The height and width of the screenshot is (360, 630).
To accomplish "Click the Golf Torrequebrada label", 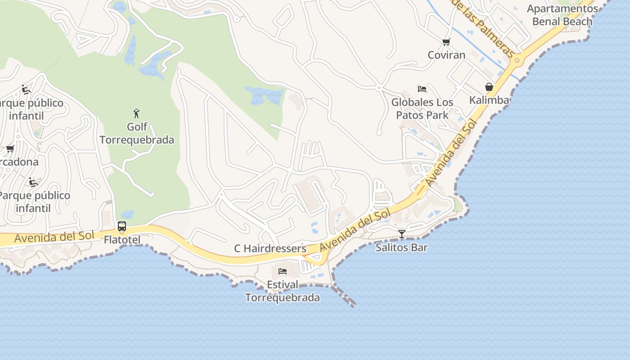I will coord(137,134).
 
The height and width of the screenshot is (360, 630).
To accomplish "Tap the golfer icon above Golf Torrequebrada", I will coord(136,113).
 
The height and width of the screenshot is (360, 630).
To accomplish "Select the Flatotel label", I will coord(122,240).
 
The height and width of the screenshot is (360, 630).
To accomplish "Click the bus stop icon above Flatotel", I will coord(122,226).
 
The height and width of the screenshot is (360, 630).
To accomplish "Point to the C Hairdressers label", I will coord(270,248).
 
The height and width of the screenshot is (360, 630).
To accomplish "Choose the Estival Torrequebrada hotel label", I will coord(283,291).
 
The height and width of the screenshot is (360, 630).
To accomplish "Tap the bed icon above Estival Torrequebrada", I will coord(283,271).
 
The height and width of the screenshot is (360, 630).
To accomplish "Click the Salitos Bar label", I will coord(401,247).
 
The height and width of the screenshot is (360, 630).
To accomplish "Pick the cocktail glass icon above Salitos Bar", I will coord(401,234).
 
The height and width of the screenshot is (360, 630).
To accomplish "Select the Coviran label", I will coord(446,55).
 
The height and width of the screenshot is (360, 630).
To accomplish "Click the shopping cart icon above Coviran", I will coord(446,42).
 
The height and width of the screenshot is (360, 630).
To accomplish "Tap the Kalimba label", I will coord(489,100).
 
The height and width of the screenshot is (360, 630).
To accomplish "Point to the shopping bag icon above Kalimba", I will coord(489,86).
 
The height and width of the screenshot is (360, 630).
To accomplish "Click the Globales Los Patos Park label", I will coord(422,108).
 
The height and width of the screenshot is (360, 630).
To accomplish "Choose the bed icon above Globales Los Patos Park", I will coord(422,89).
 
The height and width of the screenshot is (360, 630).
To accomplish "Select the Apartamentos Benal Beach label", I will coord(562,15).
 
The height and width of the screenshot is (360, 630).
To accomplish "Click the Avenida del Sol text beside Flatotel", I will coord(54,236).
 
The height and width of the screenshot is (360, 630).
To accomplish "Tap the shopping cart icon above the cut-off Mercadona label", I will coord(10,148).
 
